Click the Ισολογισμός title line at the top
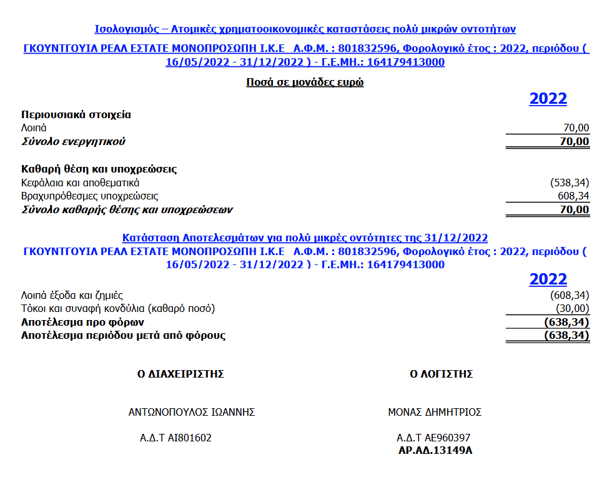(x=305, y=29)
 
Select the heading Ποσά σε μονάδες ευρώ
(x=305, y=82)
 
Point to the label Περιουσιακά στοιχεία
(x=76, y=114)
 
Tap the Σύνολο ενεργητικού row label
(x=73, y=141)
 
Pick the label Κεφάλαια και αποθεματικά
(x=80, y=183)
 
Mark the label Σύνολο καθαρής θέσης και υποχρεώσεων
(x=131, y=210)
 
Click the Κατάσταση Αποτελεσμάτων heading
(x=305, y=238)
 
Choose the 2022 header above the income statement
(x=548, y=279)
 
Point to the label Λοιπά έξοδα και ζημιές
(x=72, y=295)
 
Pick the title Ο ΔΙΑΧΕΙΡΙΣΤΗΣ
(x=180, y=374)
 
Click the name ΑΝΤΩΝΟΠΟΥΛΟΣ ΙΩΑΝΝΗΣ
(x=192, y=413)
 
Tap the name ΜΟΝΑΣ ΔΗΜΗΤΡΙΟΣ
(x=435, y=413)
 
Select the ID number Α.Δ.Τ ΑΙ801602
(x=175, y=438)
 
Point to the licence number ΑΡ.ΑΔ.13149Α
(x=435, y=449)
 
